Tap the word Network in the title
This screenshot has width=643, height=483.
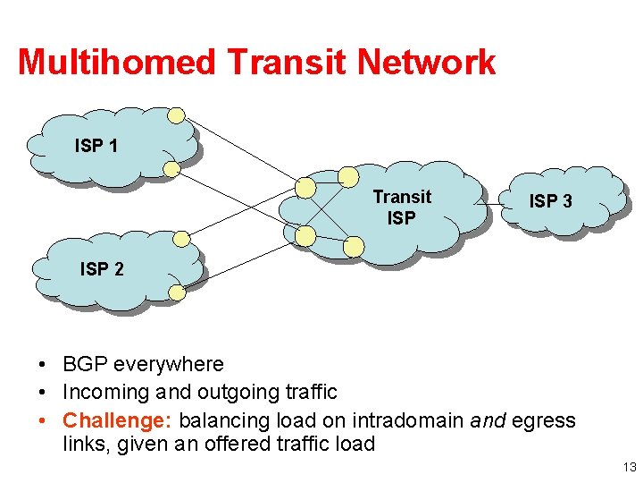click(x=426, y=63)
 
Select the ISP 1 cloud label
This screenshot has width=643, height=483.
click(x=96, y=145)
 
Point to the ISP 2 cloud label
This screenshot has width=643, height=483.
click(x=102, y=268)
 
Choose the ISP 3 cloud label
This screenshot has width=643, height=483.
click(x=550, y=201)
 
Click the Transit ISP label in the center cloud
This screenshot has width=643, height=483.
click(x=402, y=207)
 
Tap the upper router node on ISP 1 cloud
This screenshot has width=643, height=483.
click(x=177, y=115)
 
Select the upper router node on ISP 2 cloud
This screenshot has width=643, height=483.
click(x=181, y=238)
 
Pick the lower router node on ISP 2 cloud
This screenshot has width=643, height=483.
click(x=177, y=292)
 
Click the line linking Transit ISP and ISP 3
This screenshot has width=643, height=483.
click(x=493, y=205)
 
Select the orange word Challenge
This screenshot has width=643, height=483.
click(x=120, y=419)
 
